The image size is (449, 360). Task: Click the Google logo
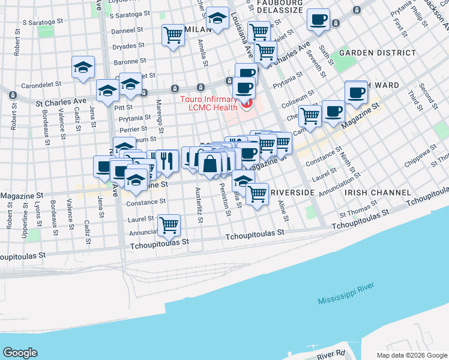tap(20, 353)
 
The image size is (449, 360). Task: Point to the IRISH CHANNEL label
tap(378, 193)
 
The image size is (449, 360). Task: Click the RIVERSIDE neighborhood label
tap(292, 193)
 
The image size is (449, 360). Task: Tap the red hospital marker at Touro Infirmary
tap(246, 105)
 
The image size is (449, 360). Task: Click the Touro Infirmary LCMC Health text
tap(211, 102)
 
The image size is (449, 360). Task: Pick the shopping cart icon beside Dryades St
tap(173, 34)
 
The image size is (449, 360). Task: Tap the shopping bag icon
tap(210, 163)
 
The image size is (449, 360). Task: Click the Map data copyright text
tap(411, 355)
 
